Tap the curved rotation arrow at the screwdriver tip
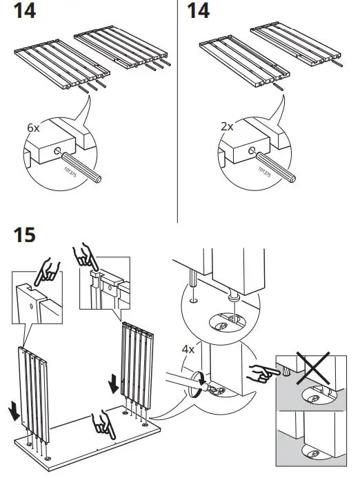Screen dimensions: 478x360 tap(200, 379)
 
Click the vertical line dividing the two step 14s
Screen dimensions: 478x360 tap(178, 110)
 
